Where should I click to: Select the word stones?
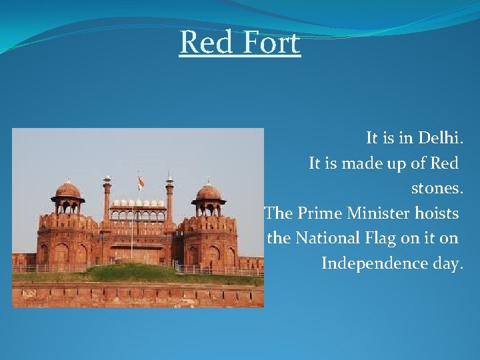437,188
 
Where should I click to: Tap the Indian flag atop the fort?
141,182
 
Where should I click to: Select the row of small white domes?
138,203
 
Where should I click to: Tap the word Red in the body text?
444,163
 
